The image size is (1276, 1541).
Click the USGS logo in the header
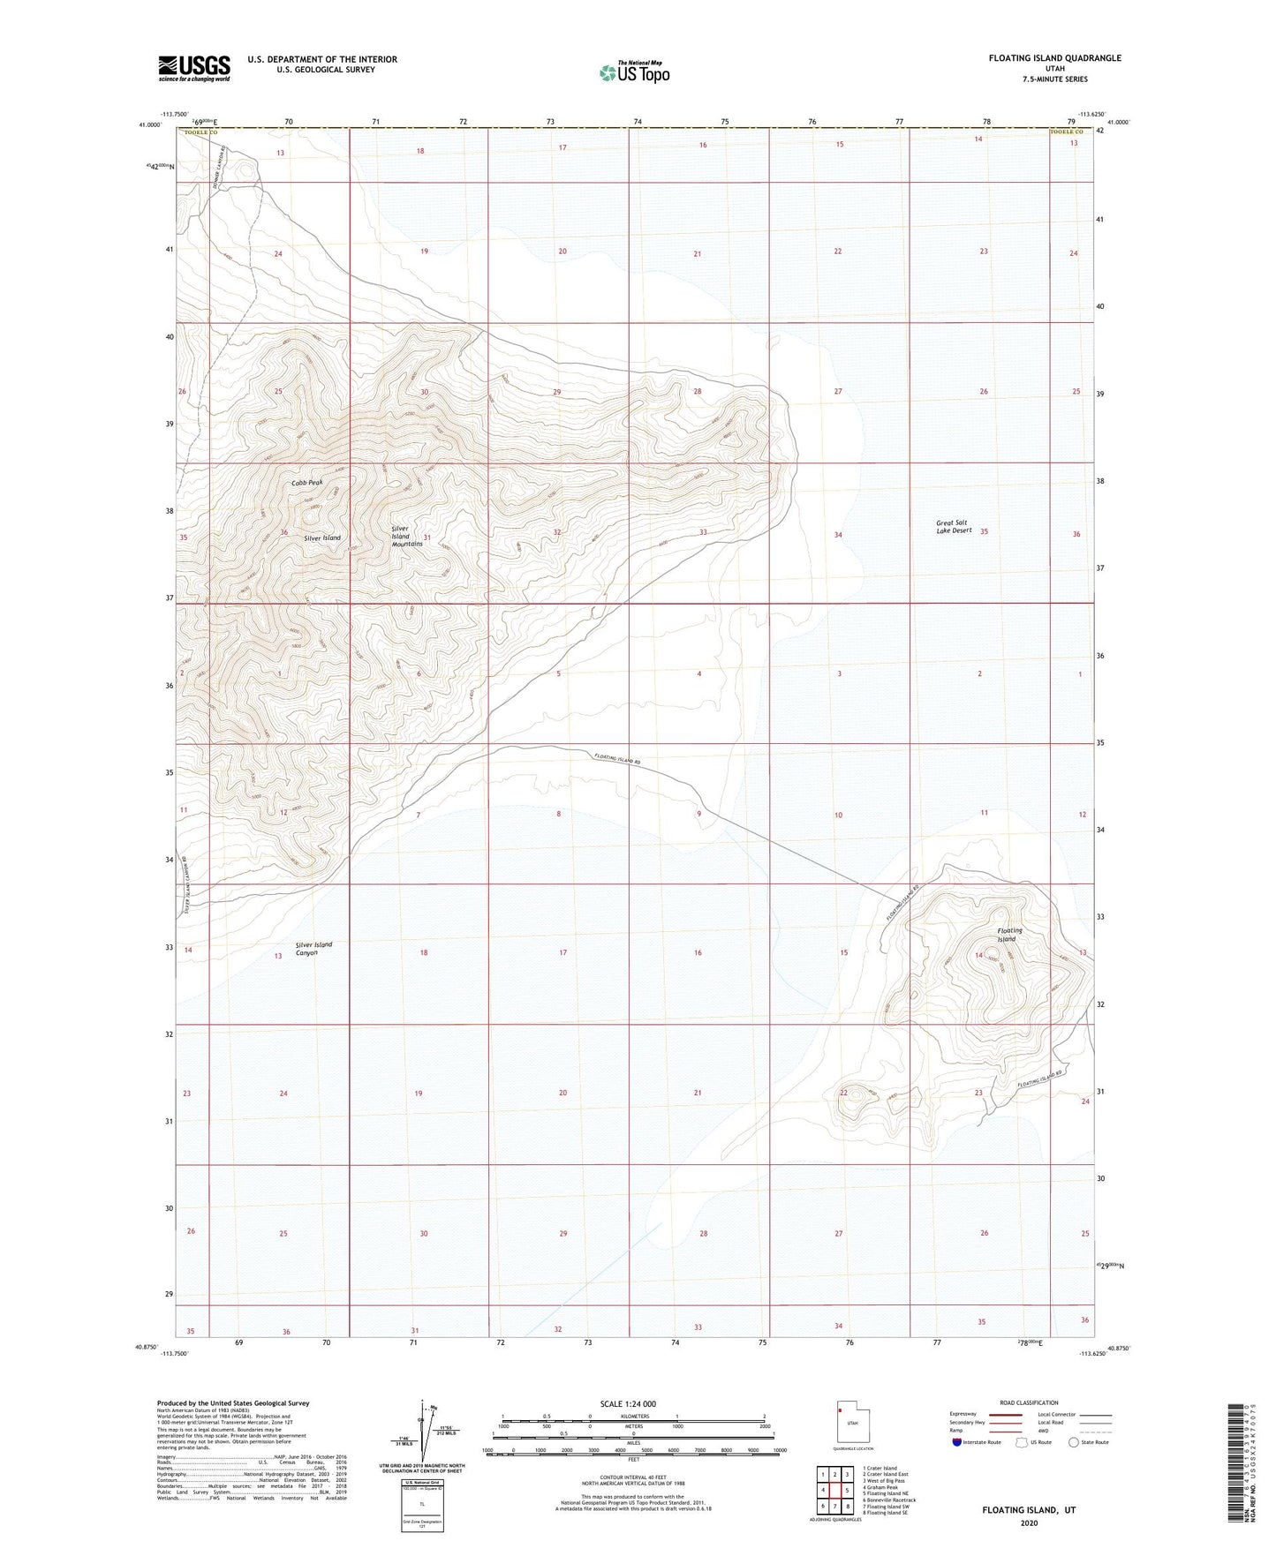[x=194, y=68]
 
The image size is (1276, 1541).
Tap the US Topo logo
[x=633, y=72]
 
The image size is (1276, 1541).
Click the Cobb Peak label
[x=308, y=483]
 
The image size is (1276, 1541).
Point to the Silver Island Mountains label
[x=407, y=537]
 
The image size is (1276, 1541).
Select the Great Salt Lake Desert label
[x=954, y=526]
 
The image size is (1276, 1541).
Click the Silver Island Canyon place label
[x=313, y=949]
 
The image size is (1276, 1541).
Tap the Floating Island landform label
[x=1009, y=935]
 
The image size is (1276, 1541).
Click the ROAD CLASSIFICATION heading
[x=1030, y=1402]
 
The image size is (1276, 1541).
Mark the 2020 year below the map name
[x=1029, y=1522]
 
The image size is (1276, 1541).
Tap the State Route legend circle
[x=1073, y=1442]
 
